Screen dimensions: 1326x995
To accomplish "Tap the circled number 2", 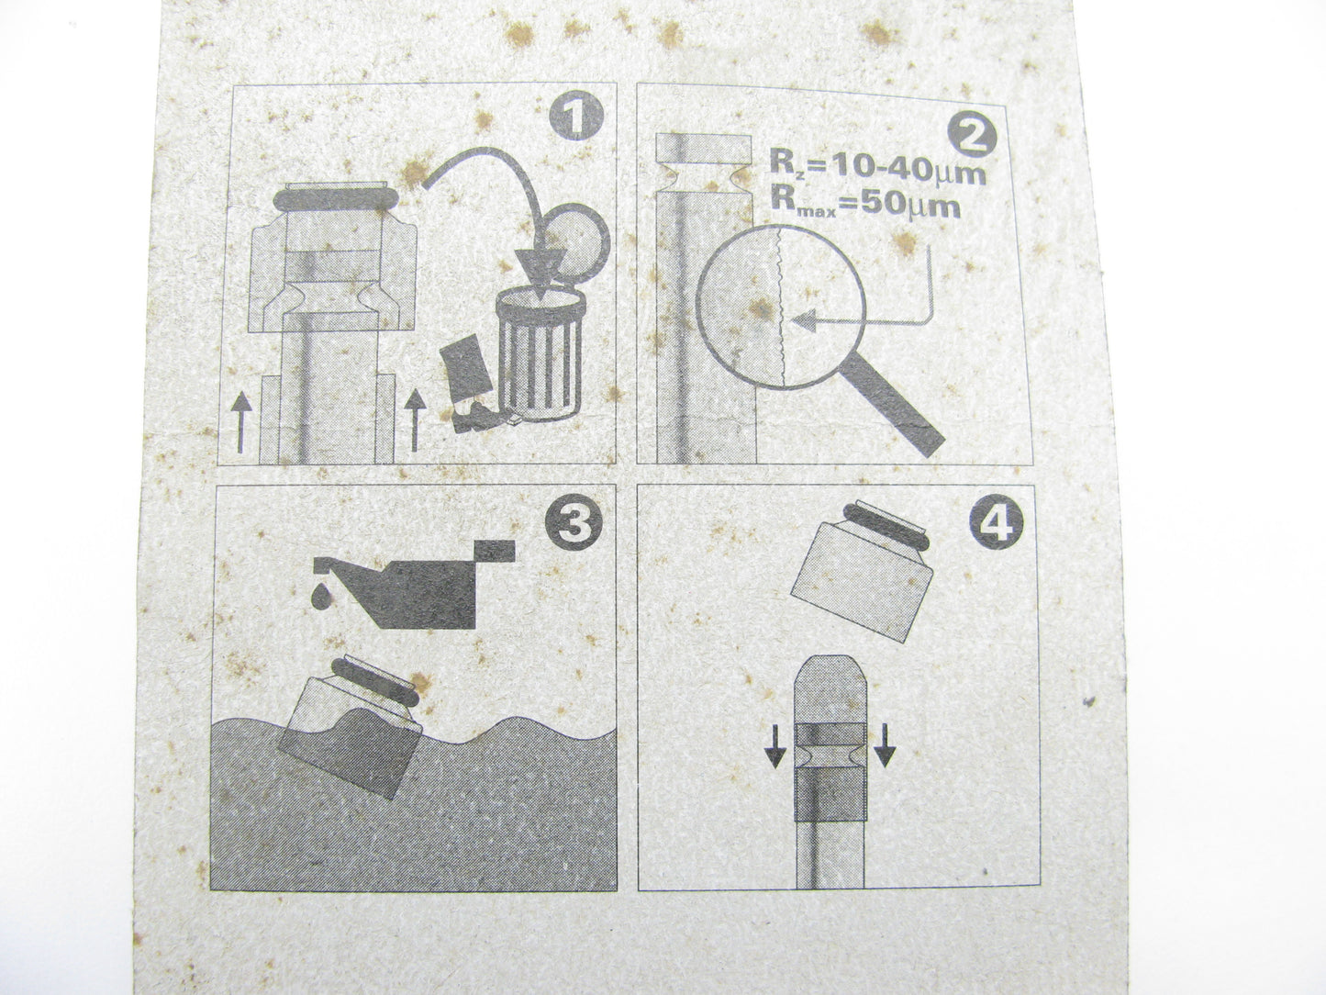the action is [969, 134].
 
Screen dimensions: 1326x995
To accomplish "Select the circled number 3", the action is [574, 520].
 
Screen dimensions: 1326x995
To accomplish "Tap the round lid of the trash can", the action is [577, 241].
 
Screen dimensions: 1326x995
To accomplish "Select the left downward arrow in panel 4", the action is [775, 745].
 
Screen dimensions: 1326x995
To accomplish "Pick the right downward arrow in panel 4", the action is [884, 745].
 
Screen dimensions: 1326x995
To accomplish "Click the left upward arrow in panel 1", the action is [241, 422].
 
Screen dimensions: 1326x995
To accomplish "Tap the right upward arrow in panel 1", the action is [414, 419].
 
